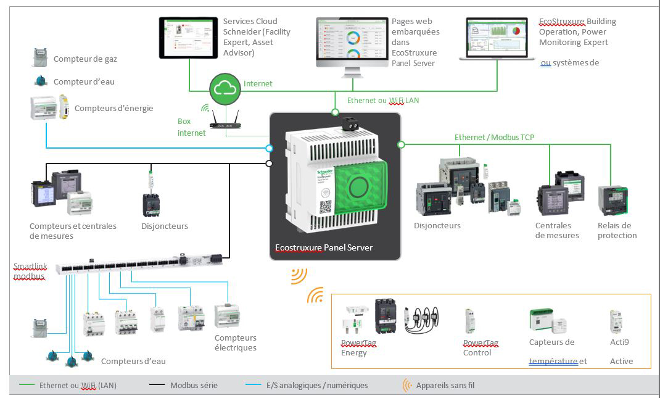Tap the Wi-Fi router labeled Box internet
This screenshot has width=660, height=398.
[x=225, y=123]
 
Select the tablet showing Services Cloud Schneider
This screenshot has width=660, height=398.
[x=188, y=38]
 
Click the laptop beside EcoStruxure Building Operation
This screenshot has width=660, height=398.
[x=497, y=39]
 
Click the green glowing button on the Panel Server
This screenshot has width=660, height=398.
[x=357, y=186]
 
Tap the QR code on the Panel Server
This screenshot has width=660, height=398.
[x=325, y=207]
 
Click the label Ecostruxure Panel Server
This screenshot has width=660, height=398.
[x=324, y=247]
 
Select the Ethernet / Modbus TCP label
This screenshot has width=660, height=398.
[x=495, y=137]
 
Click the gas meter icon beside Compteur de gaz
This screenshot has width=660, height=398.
[x=40, y=58]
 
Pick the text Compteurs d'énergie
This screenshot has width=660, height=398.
[x=113, y=108]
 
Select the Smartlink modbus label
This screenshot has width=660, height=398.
[x=30, y=272]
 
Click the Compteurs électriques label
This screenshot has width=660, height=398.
[x=236, y=342]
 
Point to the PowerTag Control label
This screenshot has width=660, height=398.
[x=481, y=347]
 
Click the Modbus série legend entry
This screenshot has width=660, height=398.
[x=194, y=385]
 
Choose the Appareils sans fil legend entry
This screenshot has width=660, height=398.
[x=445, y=385]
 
